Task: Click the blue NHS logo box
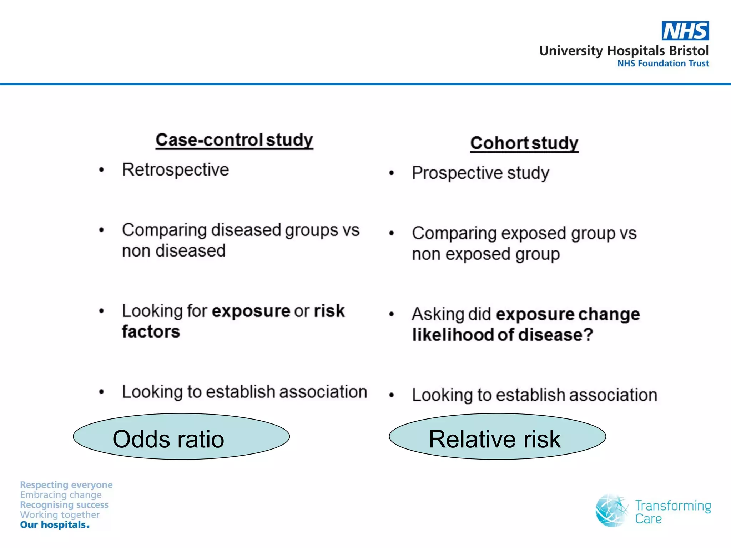click(x=685, y=31)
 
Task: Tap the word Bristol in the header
click(x=689, y=51)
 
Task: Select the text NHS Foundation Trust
click(x=663, y=64)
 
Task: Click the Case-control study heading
click(x=234, y=139)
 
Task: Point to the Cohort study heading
click(x=524, y=143)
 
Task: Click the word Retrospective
click(x=175, y=170)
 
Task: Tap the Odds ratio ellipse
click(x=181, y=437)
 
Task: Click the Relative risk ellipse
click(x=497, y=437)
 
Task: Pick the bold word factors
click(x=151, y=332)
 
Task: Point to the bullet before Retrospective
click(x=102, y=170)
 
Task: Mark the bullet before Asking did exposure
click(x=392, y=314)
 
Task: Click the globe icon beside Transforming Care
click(x=611, y=511)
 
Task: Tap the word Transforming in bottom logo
click(x=673, y=506)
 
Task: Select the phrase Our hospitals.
click(x=55, y=525)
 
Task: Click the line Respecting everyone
click(x=66, y=485)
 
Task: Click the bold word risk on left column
click(x=329, y=311)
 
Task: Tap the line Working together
click(x=60, y=515)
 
